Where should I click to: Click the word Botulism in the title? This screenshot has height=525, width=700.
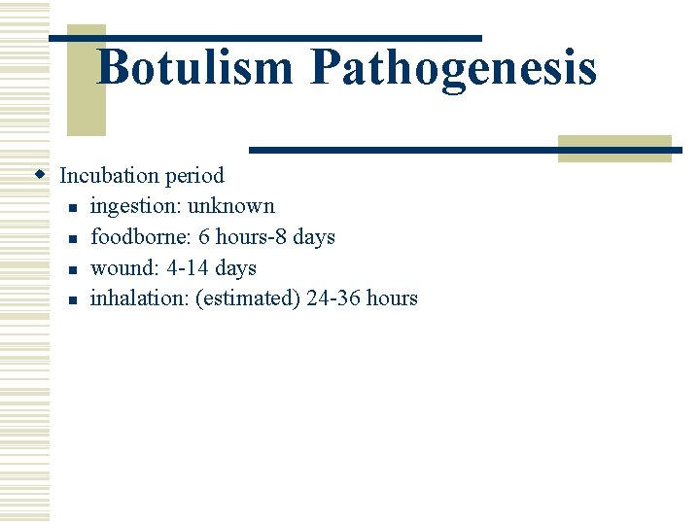(195, 68)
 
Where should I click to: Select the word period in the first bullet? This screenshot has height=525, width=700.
(193, 177)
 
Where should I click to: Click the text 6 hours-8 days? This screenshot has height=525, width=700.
(266, 237)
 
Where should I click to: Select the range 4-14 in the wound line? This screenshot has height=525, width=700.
(188, 268)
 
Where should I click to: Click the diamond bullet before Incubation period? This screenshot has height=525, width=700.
(40, 176)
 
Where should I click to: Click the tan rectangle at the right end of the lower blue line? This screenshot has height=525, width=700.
(614, 148)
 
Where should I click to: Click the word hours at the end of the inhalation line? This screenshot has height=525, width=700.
(392, 298)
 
